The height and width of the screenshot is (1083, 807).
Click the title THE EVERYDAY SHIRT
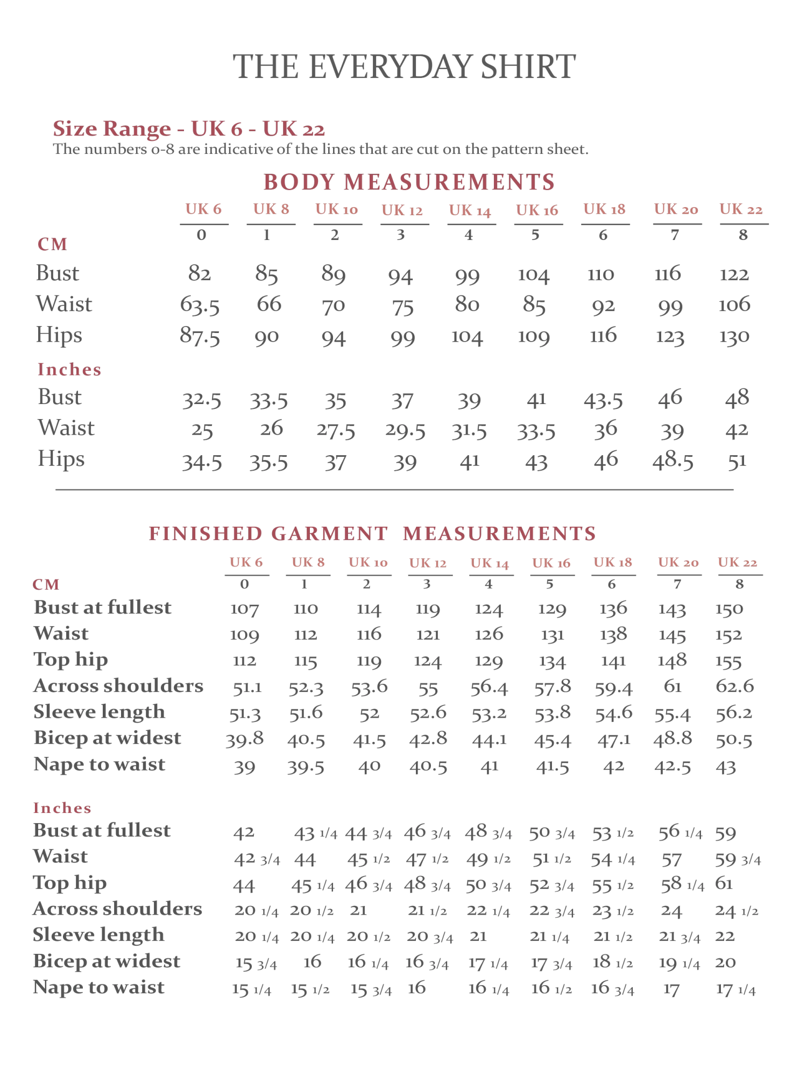(x=404, y=67)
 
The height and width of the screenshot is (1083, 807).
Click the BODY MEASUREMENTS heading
(x=408, y=182)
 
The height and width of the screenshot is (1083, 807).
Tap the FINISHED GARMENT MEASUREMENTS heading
(x=372, y=533)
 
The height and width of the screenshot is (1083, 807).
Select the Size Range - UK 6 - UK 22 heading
(x=189, y=129)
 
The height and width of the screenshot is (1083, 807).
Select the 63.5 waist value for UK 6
(x=200, y=305)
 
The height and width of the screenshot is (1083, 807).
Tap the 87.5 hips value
(x=200, y=336)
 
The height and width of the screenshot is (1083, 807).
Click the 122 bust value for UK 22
(x=734, y=274)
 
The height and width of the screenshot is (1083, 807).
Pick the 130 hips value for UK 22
(x=734, y=337)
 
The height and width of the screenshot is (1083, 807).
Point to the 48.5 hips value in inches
(x=673, y=462)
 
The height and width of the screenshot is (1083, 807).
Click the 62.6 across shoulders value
(x=735, y=686)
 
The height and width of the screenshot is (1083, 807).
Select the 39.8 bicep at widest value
(x=245, y=739)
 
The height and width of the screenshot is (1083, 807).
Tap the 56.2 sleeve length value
(x=734, y=713)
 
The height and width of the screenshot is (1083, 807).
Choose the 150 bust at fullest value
(x=729, y=609)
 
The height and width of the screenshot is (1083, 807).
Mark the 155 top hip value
(x=728, y=661)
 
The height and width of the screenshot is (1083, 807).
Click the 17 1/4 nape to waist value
(x=736, y=989)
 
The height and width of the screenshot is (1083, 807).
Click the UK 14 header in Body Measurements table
(x=470, y=210)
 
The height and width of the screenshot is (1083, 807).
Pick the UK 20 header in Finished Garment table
(x=678, y=563)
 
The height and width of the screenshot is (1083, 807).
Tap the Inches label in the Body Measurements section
(x=69, y=370)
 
